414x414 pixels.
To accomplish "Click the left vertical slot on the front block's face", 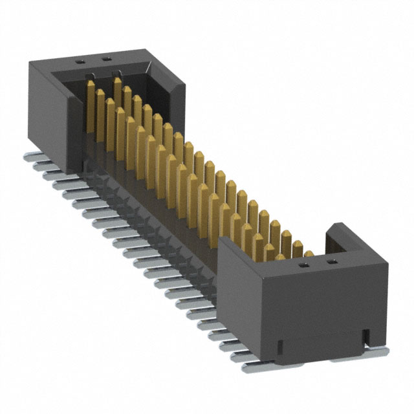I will [x=279, y=346].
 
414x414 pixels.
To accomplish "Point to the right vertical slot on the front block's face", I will [x=366, y=335].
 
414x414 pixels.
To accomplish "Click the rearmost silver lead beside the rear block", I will [x=31, y=157].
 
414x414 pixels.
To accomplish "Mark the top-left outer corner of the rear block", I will [x=28, y=61].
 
